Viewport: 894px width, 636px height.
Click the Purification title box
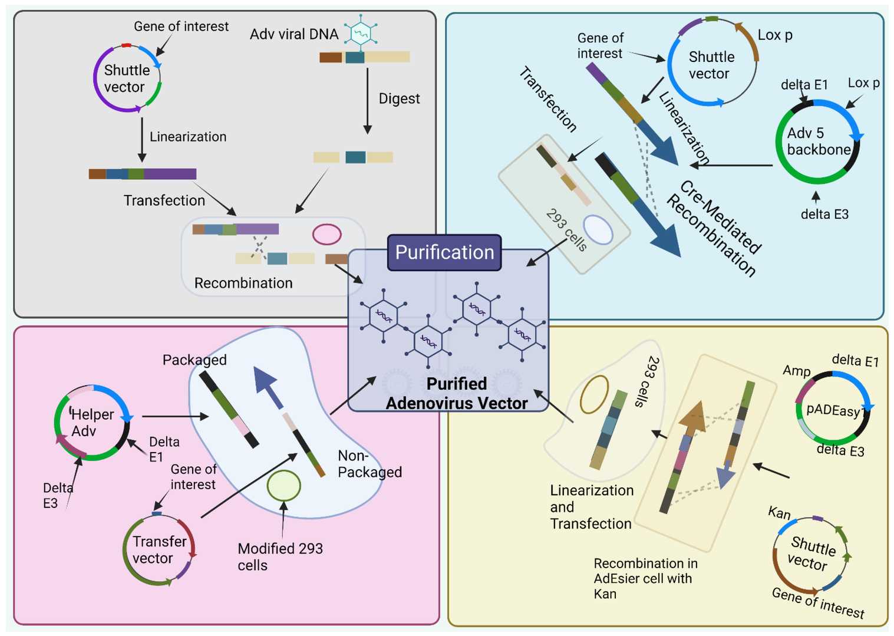click(x=444, y=252)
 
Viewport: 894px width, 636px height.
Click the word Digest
click(x=399, y=98)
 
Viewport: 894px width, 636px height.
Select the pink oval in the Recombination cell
click(x=326, y=234)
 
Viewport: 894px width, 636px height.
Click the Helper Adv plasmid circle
click(x=92, y=423)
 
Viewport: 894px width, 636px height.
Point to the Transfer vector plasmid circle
click(x=157, y=550)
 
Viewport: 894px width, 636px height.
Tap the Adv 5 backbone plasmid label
click(x=818, y=141)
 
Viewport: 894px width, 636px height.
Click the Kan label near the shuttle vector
click(x=779, y=513)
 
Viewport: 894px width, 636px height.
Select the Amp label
click(x=796, y=371)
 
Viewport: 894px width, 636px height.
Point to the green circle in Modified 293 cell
click(x=283, y=486)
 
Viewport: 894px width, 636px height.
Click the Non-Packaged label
click(x=369, y=464)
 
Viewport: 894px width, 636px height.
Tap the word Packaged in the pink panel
click(x=194, y=360)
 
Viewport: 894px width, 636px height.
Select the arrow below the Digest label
click(x=367, y=101)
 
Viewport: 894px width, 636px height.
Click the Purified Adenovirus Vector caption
click(x=456, y=393)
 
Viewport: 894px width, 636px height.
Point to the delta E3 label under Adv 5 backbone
click(x=824, y=215)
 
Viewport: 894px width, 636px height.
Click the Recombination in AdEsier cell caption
click(x=645, y=578)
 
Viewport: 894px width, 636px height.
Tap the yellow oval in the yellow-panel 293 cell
click(x=594, y=394)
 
